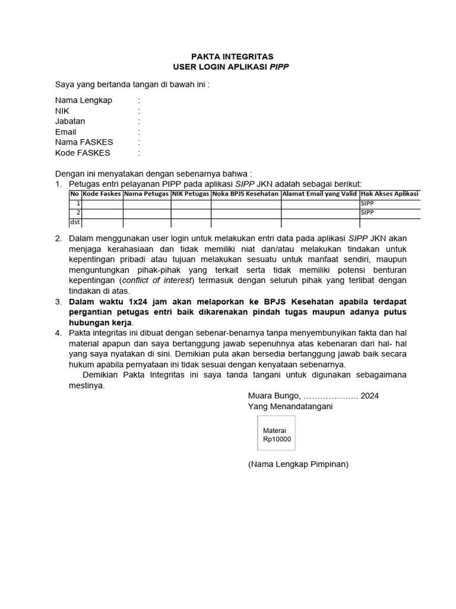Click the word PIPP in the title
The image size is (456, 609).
[x=279, y=67]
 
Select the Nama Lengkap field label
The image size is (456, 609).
[x=83, y=100]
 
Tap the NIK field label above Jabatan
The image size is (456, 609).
[x=62, y=111]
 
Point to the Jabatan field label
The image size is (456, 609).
[x=70, y=121]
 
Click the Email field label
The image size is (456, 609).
[x=65, y=132]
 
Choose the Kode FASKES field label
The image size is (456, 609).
[x=83, y=153]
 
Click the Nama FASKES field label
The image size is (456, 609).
[x=84, y=142]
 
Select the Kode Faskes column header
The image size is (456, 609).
[x=102, y=194]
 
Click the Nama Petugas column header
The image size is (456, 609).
[x=147, y=194]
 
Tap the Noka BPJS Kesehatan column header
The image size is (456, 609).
[x=246, y=194]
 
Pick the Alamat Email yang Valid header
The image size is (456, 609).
[x=319, y=194]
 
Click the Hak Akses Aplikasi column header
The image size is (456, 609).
[x=389, y=194]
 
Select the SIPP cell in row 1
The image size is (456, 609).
[x=368, y=203]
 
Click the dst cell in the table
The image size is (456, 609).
[x=75, y=222]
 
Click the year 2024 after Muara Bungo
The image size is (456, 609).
[x=369, y=395]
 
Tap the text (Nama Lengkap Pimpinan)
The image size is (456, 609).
[x=298, y=464]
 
